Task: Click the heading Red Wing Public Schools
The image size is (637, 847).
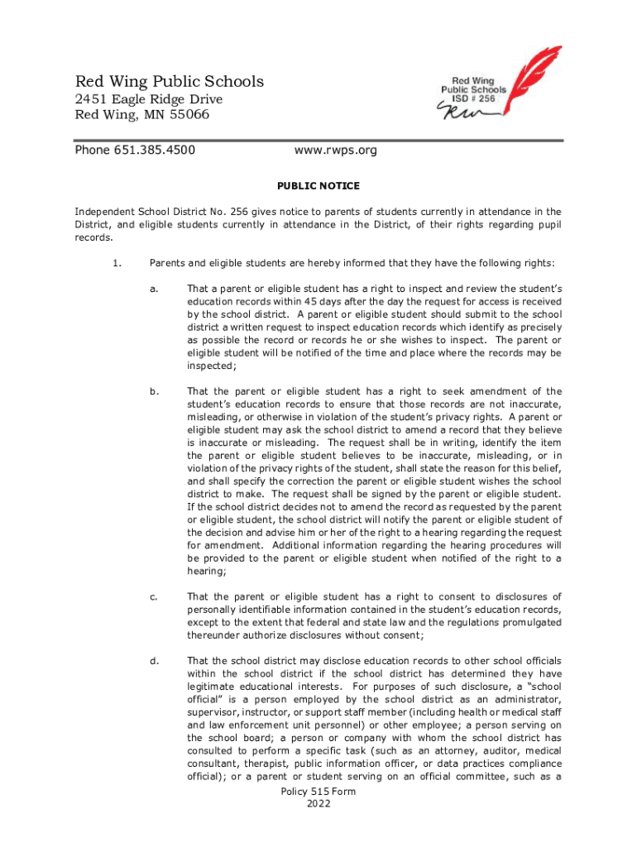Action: tap(170, 81)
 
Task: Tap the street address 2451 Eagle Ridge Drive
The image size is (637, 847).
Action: tap(149, 99)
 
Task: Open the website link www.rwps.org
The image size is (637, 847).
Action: tap(336, 151)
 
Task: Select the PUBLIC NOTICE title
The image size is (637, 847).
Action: tap(318, 186)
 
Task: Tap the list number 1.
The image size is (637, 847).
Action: tap(116, 264)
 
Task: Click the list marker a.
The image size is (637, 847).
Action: tap(154, 289)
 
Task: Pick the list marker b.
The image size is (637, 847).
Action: tap(154, 391)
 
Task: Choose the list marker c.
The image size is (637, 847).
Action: tap(154, 596)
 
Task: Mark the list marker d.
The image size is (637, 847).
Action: tap(154, 661)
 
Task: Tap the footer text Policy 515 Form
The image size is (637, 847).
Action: tap(318, 792)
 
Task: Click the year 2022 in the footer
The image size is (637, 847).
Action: tap(318, 804)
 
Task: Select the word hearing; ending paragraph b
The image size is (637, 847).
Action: tap(208, 571)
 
